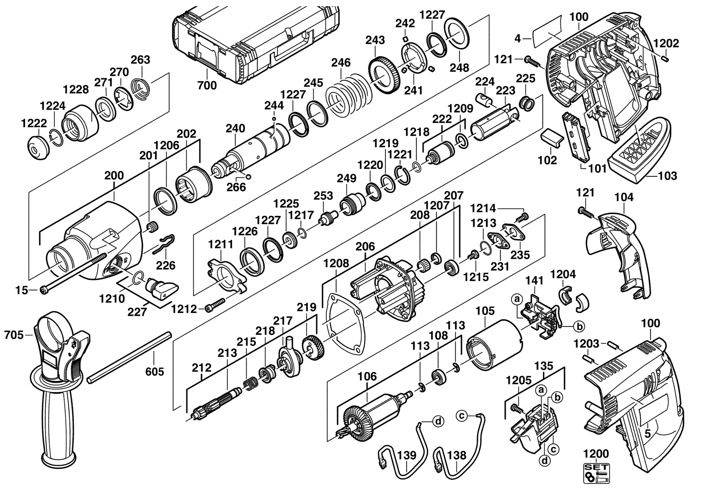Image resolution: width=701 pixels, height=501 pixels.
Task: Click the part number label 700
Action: (207, 85)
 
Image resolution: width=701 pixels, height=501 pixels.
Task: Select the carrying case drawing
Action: (256, 43)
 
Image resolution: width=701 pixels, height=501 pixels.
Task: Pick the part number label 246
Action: (341, 63)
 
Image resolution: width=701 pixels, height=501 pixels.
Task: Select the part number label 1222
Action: (34, 123)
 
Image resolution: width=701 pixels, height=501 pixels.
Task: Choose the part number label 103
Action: (667, 176)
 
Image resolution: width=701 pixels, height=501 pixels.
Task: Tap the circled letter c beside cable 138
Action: (461, 416)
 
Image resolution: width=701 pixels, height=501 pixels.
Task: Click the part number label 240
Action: (235, 128)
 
